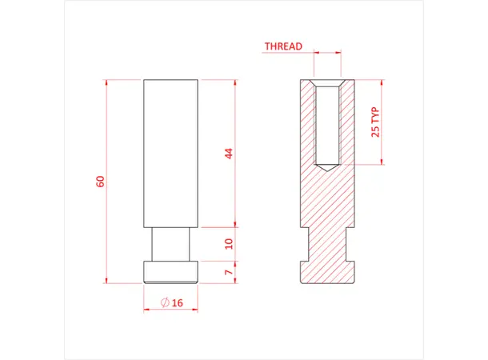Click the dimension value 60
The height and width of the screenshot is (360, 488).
coord(101,181)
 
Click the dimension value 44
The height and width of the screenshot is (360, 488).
coord(229,153)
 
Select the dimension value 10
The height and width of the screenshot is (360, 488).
coord(229,243)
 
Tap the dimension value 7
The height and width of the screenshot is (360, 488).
coord(229,272)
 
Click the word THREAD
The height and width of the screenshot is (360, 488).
coord(283,46)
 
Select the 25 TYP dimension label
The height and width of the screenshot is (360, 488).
coord(374,122)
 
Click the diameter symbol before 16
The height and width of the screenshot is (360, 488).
coord(164,302)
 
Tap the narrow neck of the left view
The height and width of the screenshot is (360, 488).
coord(170,244)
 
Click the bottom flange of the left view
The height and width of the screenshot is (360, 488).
coord(170,272)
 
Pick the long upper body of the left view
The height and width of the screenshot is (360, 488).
coord(170,152)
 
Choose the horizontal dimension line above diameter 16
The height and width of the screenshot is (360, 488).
coord(170,310)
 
